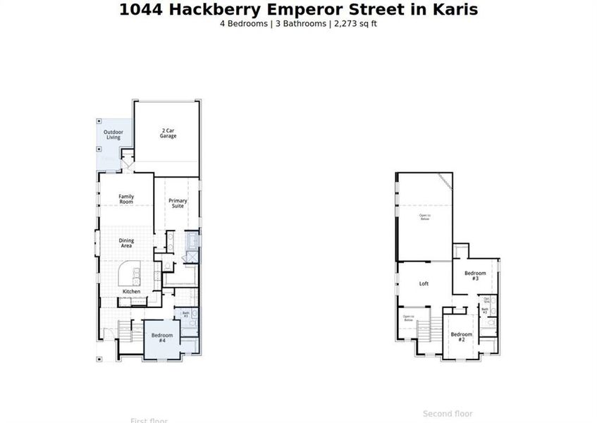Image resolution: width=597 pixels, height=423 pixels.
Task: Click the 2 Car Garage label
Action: [x=168, y=133]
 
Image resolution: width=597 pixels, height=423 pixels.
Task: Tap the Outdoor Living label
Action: [x=113, y=135]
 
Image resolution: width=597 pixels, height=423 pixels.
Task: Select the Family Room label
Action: [x=125, y=199]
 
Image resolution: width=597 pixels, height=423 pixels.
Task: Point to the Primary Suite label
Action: [x=178, y=204]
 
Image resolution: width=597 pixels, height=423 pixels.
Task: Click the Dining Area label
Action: [x=126, y=243]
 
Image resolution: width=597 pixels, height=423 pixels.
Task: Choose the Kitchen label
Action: [x=131, y=291]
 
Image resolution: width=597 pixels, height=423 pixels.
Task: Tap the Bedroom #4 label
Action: [x=161, y=337]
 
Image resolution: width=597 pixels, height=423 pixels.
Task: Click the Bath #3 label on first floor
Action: [x=186, y=314]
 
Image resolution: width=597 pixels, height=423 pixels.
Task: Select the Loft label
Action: [x=424, y=283]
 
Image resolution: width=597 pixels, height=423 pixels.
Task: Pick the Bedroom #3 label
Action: [x=474, y=276]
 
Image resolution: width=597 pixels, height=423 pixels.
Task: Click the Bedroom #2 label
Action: [x=461, y=336]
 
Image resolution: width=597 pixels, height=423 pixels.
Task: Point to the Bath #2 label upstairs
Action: [x=485, y=310]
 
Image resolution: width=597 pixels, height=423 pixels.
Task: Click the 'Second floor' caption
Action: [x=448, y=414]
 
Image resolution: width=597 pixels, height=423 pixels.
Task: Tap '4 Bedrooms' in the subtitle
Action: [x=243, y=23]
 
